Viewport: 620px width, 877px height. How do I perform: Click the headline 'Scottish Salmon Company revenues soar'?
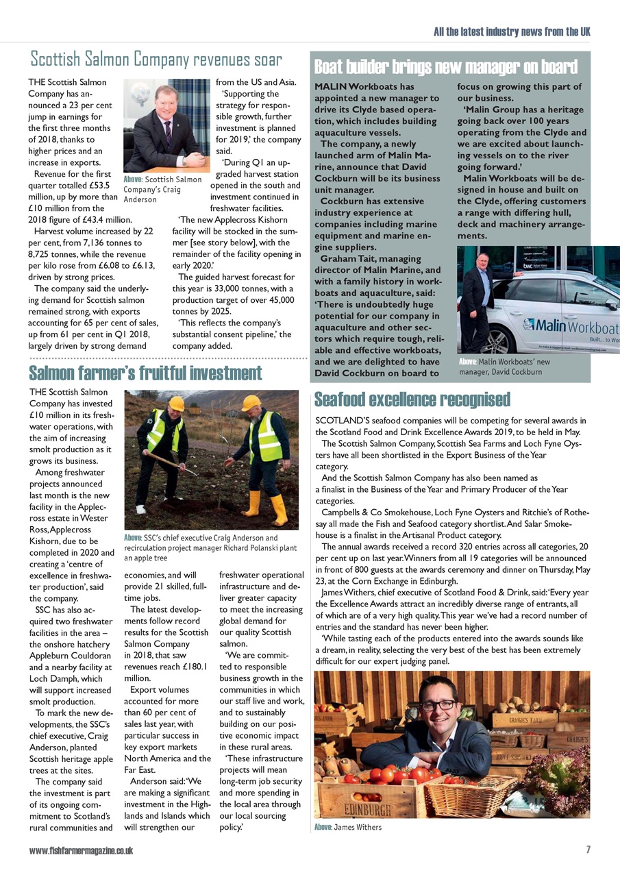point(156,60)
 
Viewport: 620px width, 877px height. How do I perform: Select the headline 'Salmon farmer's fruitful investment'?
point(145,373)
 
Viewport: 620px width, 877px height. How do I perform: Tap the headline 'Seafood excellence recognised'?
point(412,399)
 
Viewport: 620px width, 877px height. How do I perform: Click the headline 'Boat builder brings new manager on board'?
point(445,66)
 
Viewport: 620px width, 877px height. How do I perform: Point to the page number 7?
point(588,850)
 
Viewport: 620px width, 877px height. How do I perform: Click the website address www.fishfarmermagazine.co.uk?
point(81,850)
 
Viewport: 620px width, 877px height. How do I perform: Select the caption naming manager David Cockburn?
point(501,367)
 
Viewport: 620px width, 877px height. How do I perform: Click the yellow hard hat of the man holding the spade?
point(176,404)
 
